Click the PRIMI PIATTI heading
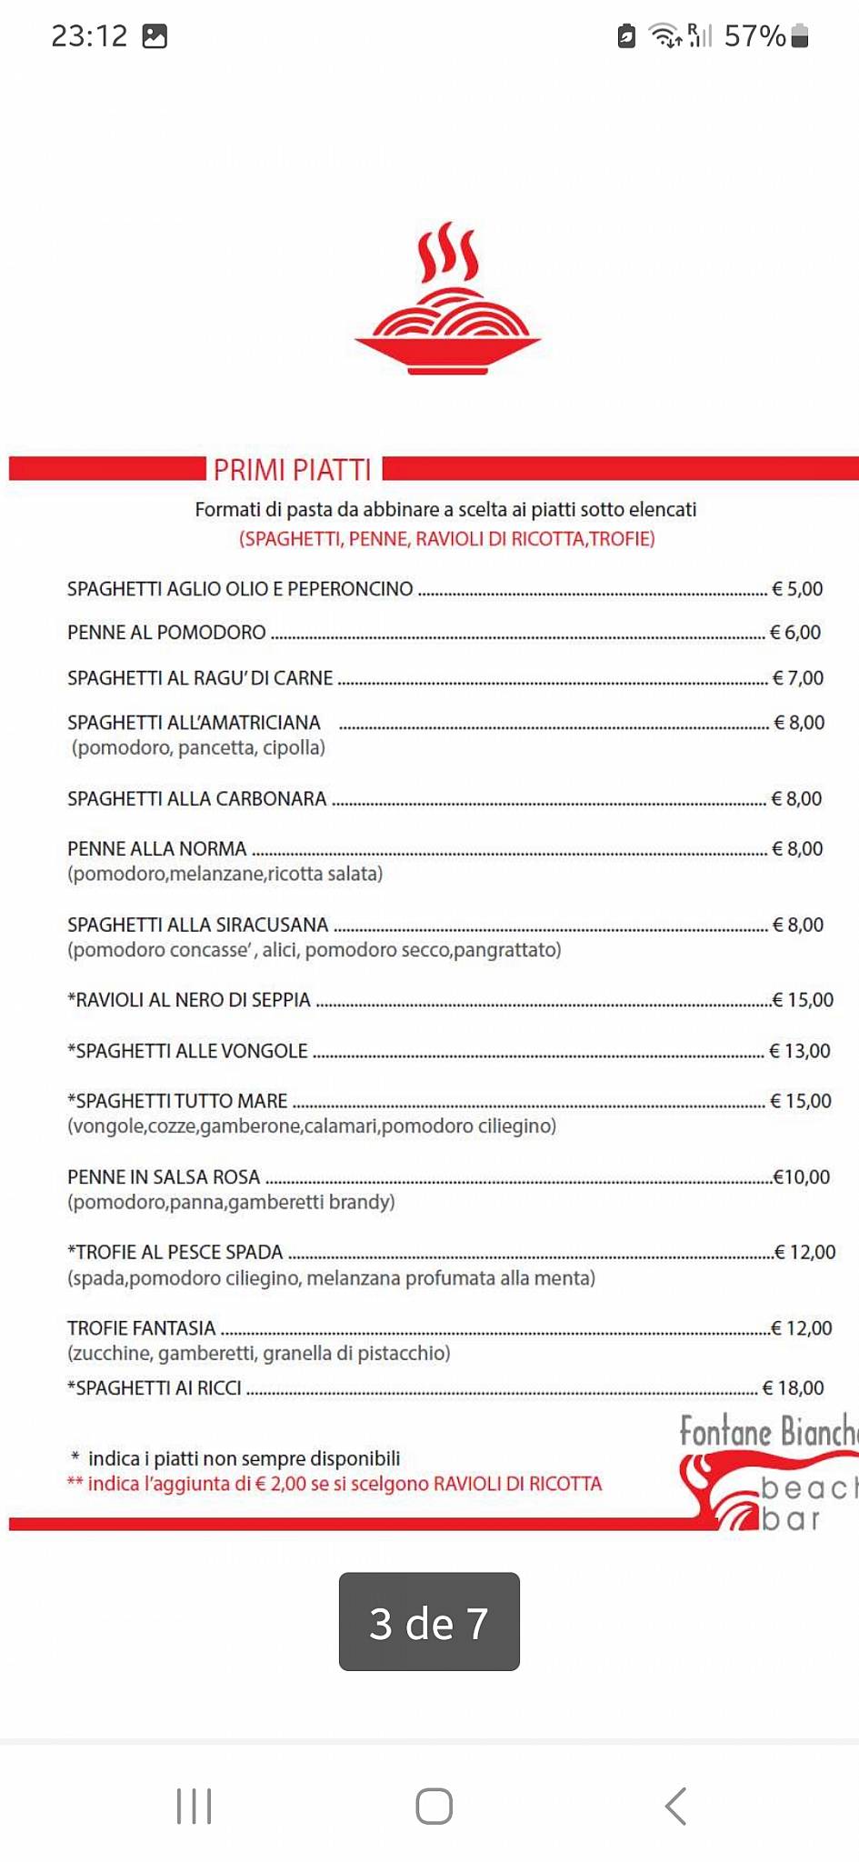[292, 469]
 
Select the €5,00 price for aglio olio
[797, 589]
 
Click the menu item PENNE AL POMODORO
[166, 633]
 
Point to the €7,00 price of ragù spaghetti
[798, 678]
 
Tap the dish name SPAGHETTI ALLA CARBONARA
[196, 799]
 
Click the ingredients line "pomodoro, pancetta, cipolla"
[198, 748]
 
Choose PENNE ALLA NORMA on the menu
[156, 849]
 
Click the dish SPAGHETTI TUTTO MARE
[177, 1101]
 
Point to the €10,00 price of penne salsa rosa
[802, 1177]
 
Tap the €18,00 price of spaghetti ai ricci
[794, 1388]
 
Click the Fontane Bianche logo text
[768, 1433]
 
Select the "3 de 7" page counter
[429, 1623]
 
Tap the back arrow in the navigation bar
[675, 1806]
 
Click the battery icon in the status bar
[800, 36]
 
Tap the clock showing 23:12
[89, 36]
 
